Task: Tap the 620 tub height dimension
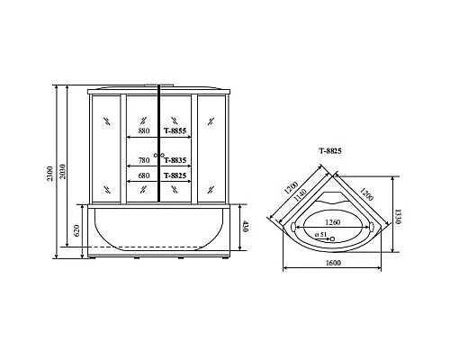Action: [77, 231]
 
